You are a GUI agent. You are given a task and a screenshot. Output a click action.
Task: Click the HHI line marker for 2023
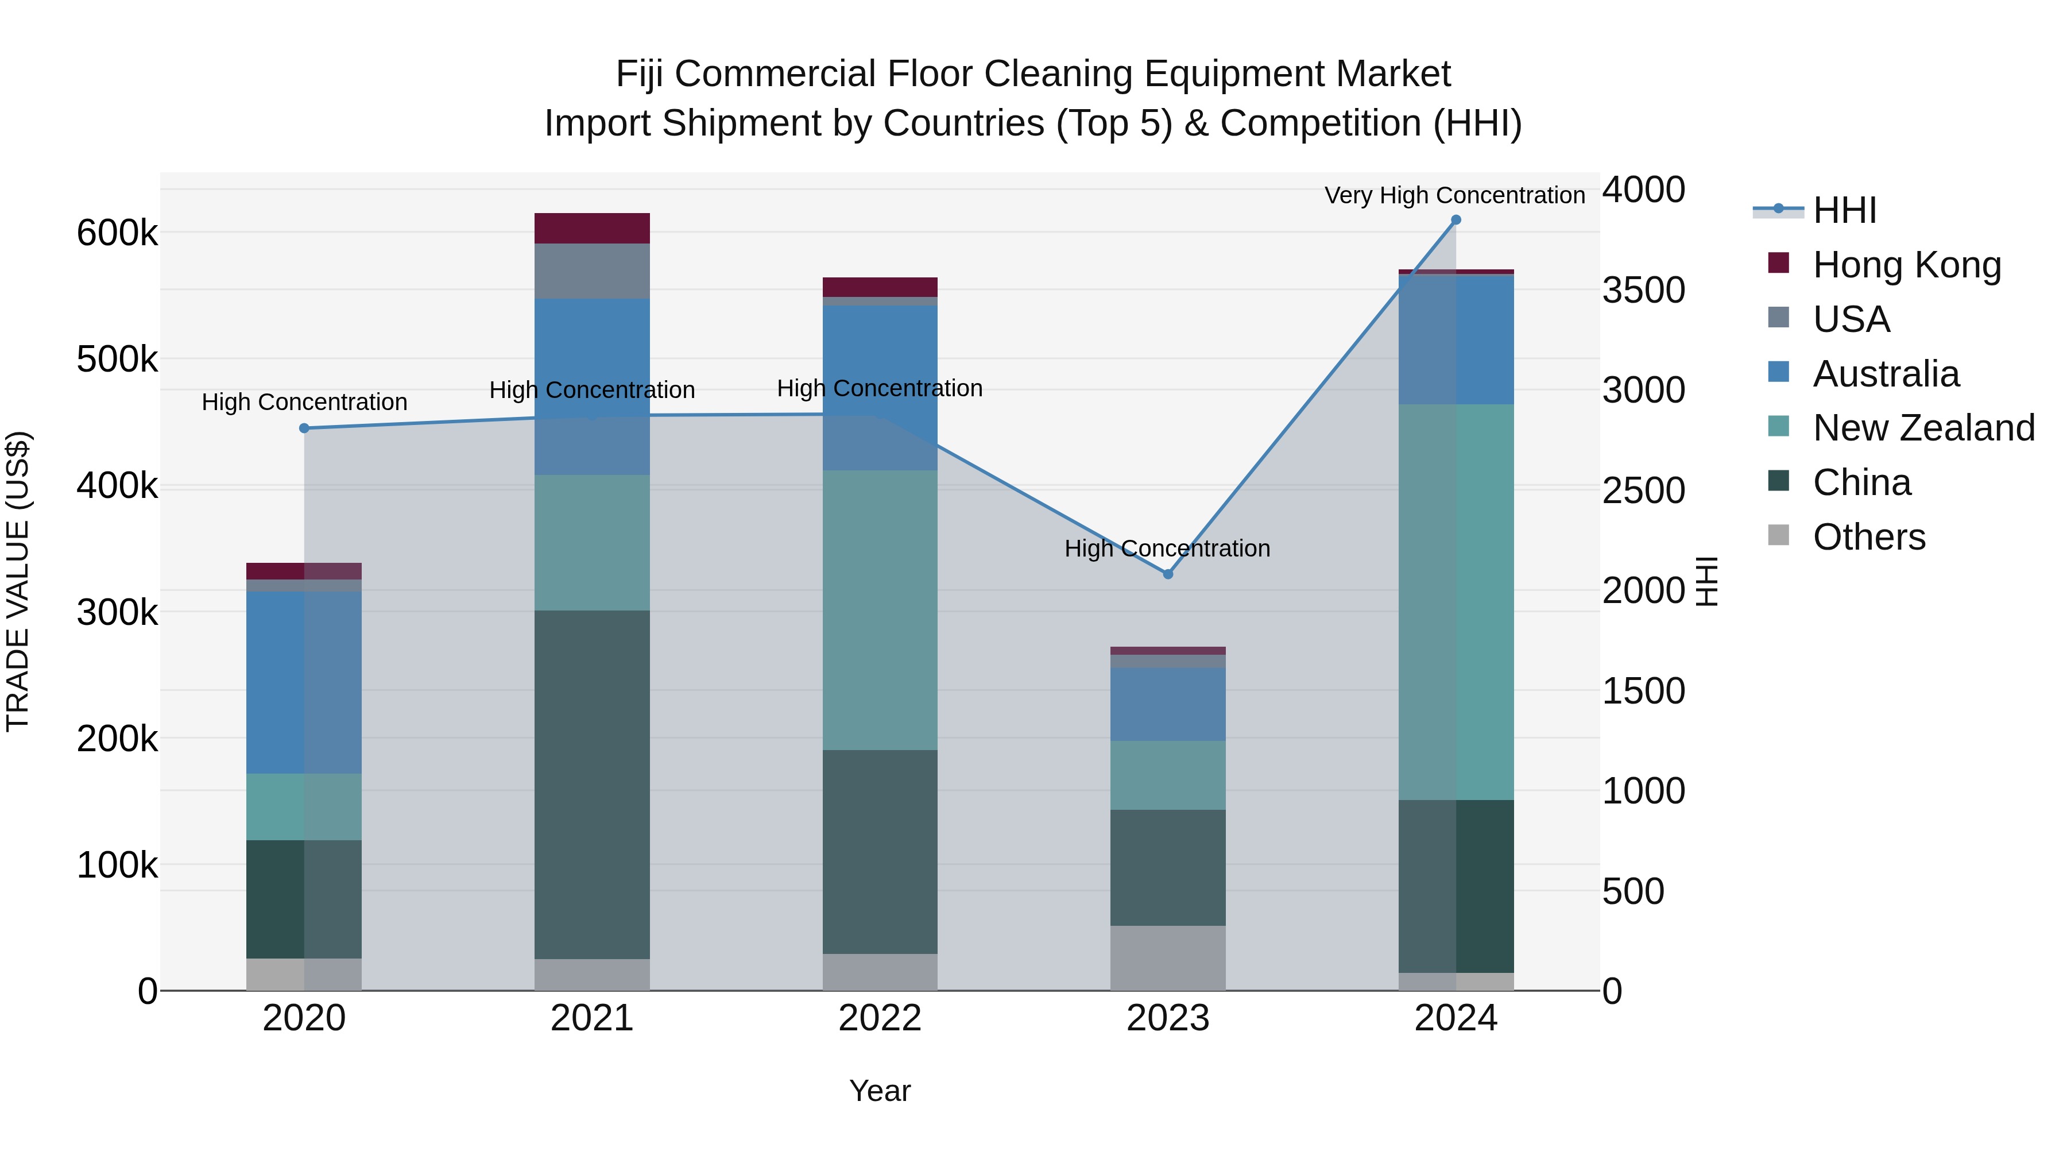(1167, 574)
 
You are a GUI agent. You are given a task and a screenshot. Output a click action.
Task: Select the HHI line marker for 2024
(1456, 220)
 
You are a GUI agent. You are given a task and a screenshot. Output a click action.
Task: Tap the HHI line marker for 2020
(304, 428)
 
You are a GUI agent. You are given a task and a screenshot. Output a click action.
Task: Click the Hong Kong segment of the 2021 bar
(592, 228)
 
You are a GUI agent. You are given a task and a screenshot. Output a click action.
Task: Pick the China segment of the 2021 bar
(592, 784)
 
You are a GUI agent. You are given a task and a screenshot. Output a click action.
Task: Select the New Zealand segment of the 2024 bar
(1456, 602)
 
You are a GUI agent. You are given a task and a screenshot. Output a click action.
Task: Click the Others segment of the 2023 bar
(1167, 957)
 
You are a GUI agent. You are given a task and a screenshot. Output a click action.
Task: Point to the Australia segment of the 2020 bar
(304, 682)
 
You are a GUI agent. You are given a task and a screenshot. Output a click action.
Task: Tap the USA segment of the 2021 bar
(592, 271)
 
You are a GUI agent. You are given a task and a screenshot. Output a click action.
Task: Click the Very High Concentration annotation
(1454, 196)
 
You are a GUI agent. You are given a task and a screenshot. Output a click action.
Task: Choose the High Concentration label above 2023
(1167, 549)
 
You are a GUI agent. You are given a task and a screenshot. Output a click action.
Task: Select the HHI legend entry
(1844, 210)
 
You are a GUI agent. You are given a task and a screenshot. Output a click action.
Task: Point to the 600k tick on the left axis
(117, 234)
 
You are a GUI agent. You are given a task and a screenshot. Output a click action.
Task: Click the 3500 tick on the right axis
(1643, 291)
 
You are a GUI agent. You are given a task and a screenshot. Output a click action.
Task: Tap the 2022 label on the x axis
(880, 1018)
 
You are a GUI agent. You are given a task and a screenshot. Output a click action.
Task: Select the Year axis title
(880, 1091)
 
